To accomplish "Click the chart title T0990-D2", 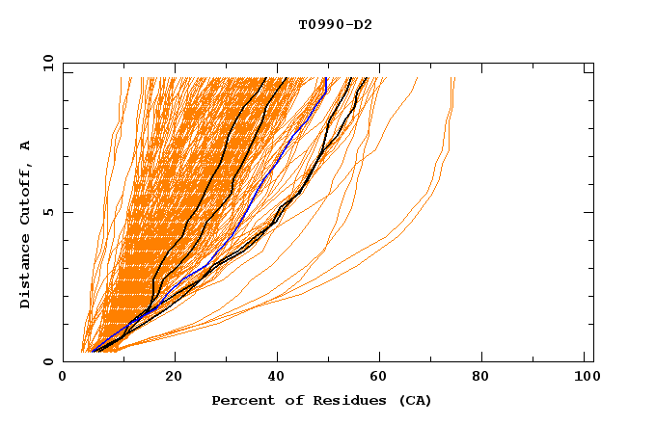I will tap(335, 25).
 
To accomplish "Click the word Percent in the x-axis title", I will tap(239, 400).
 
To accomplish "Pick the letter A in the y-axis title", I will tap(26, 146).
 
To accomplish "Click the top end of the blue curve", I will tap(326, 78).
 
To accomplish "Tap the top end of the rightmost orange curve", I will tap(453, 78).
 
